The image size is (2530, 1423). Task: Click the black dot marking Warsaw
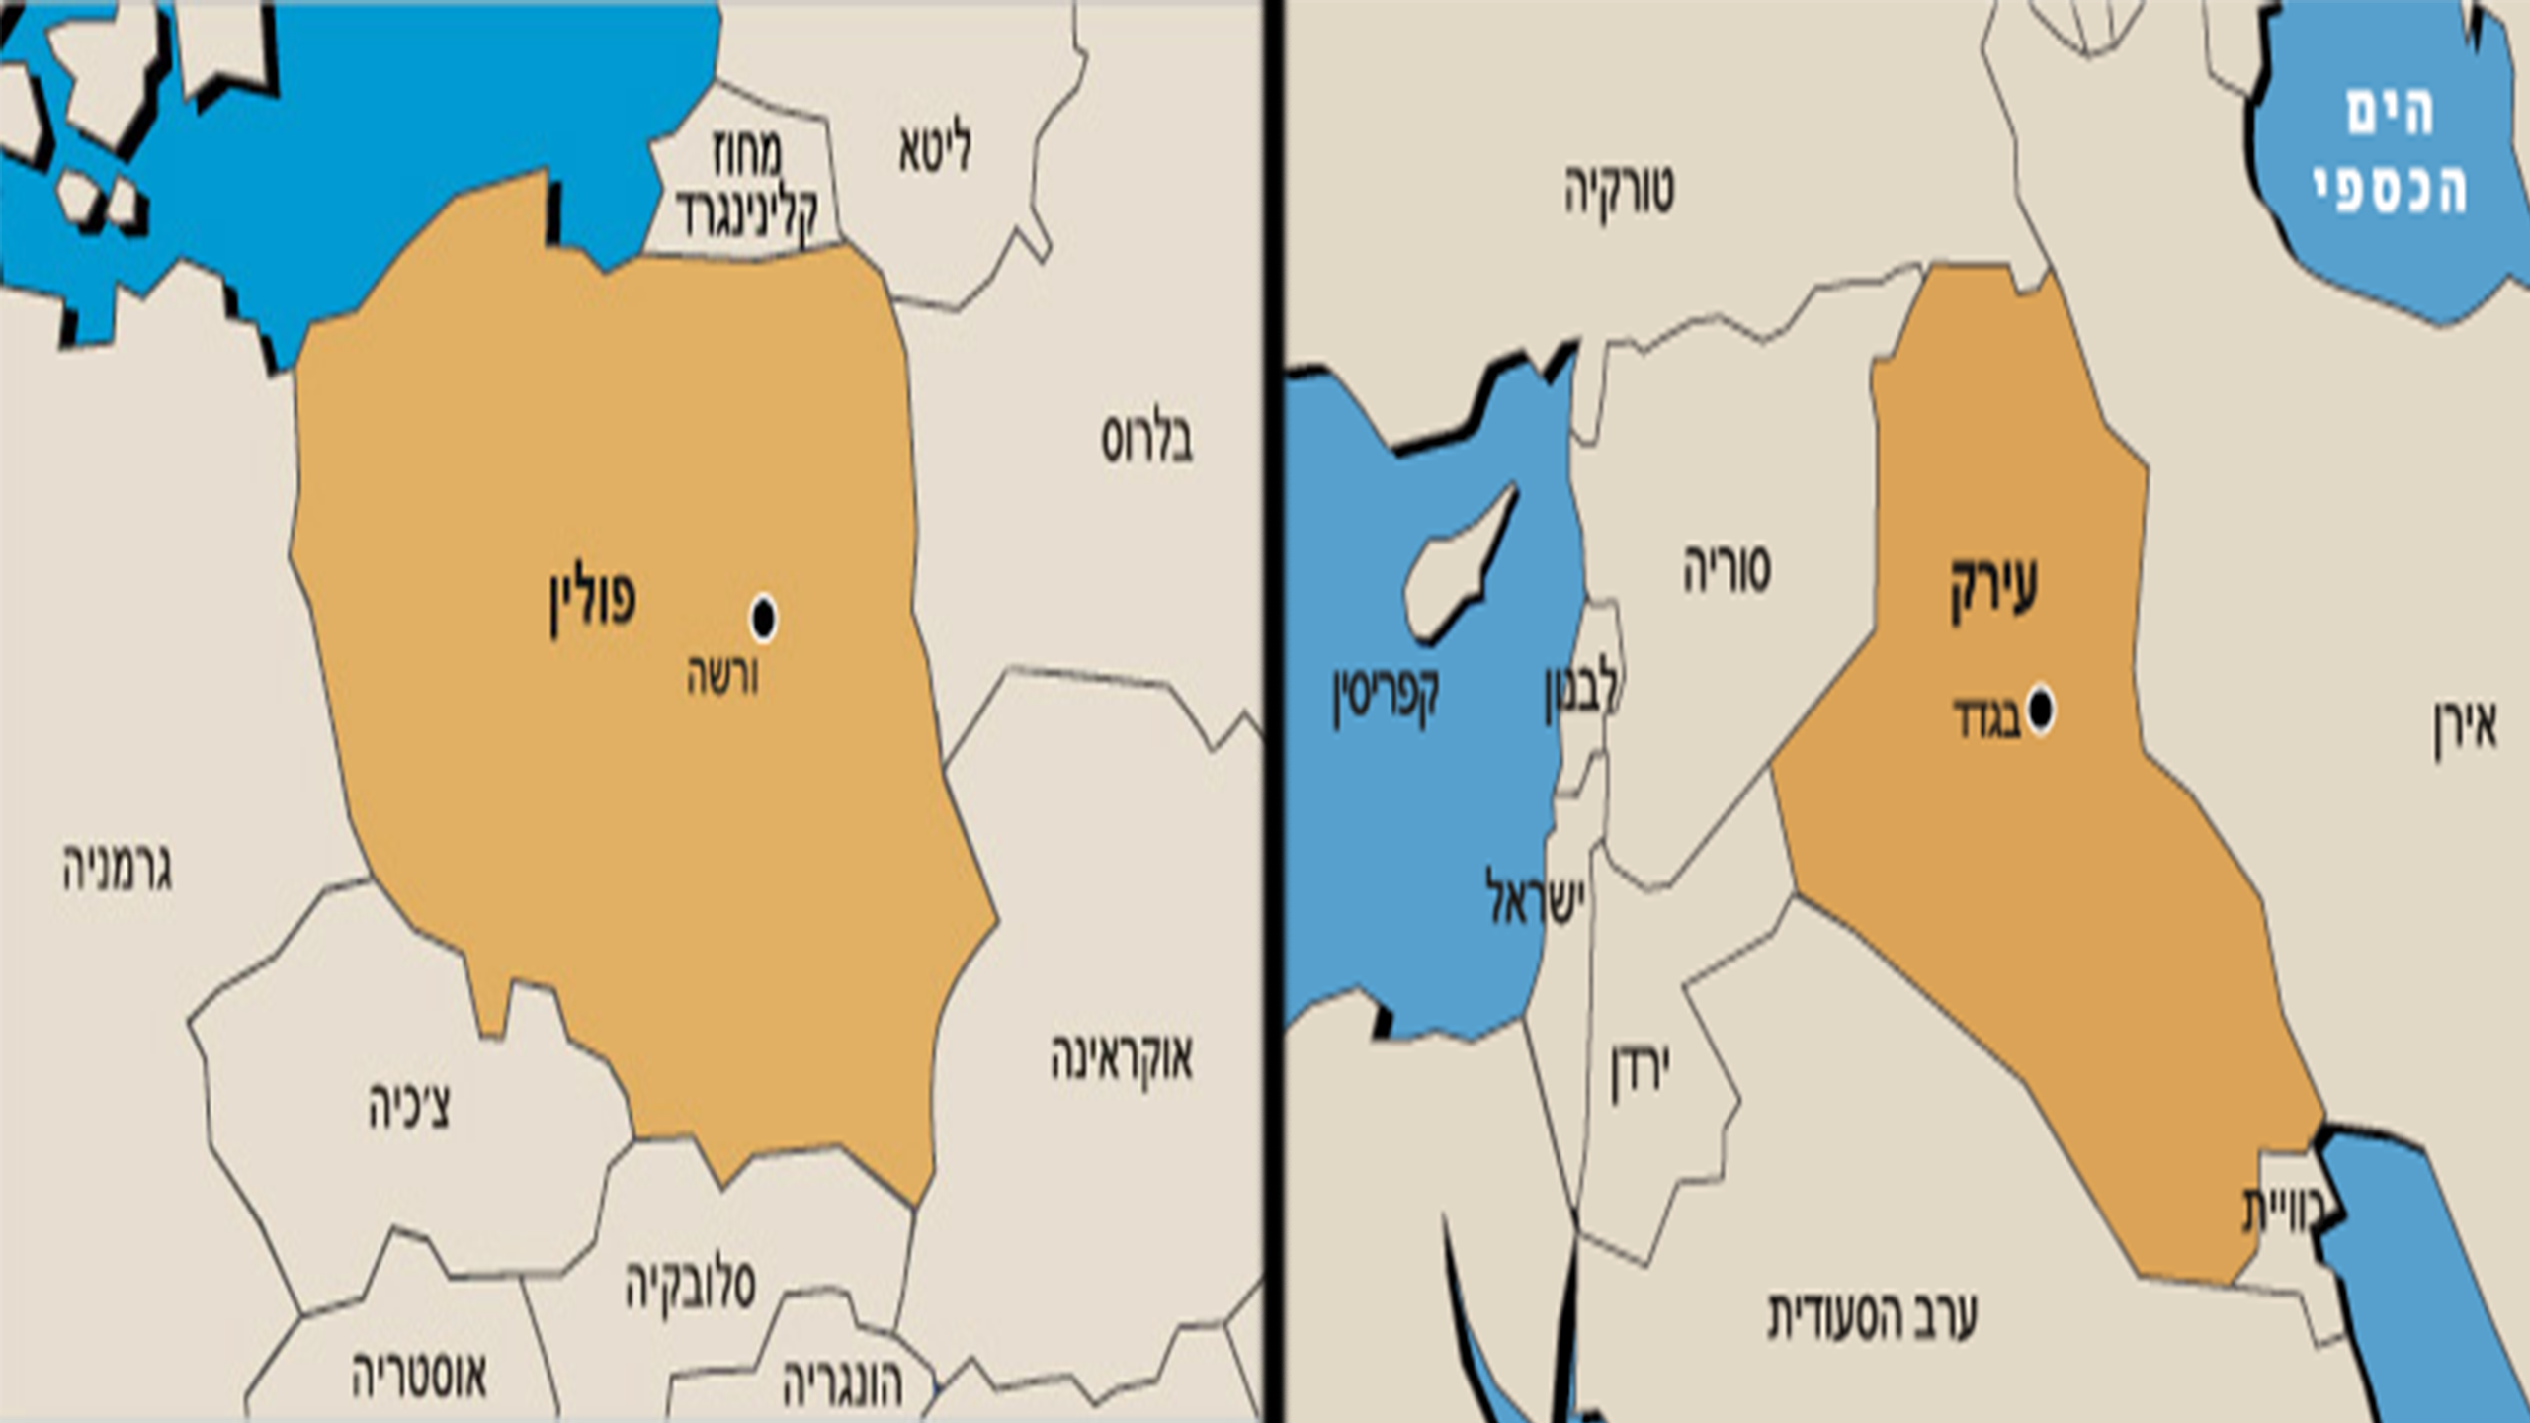pos(763,619)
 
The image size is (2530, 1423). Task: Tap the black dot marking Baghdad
pos(2040,710)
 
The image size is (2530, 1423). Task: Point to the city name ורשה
pos(723,678)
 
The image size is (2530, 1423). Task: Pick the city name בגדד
pos(1986,719)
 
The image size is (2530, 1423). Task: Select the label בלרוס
pos(1146,440)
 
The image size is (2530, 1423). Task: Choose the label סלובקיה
pos(690,1285)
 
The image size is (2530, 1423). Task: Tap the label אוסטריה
pos(420,1376)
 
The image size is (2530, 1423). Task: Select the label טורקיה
pos(1619,190)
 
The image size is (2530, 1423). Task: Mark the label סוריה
pos(1727,569)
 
